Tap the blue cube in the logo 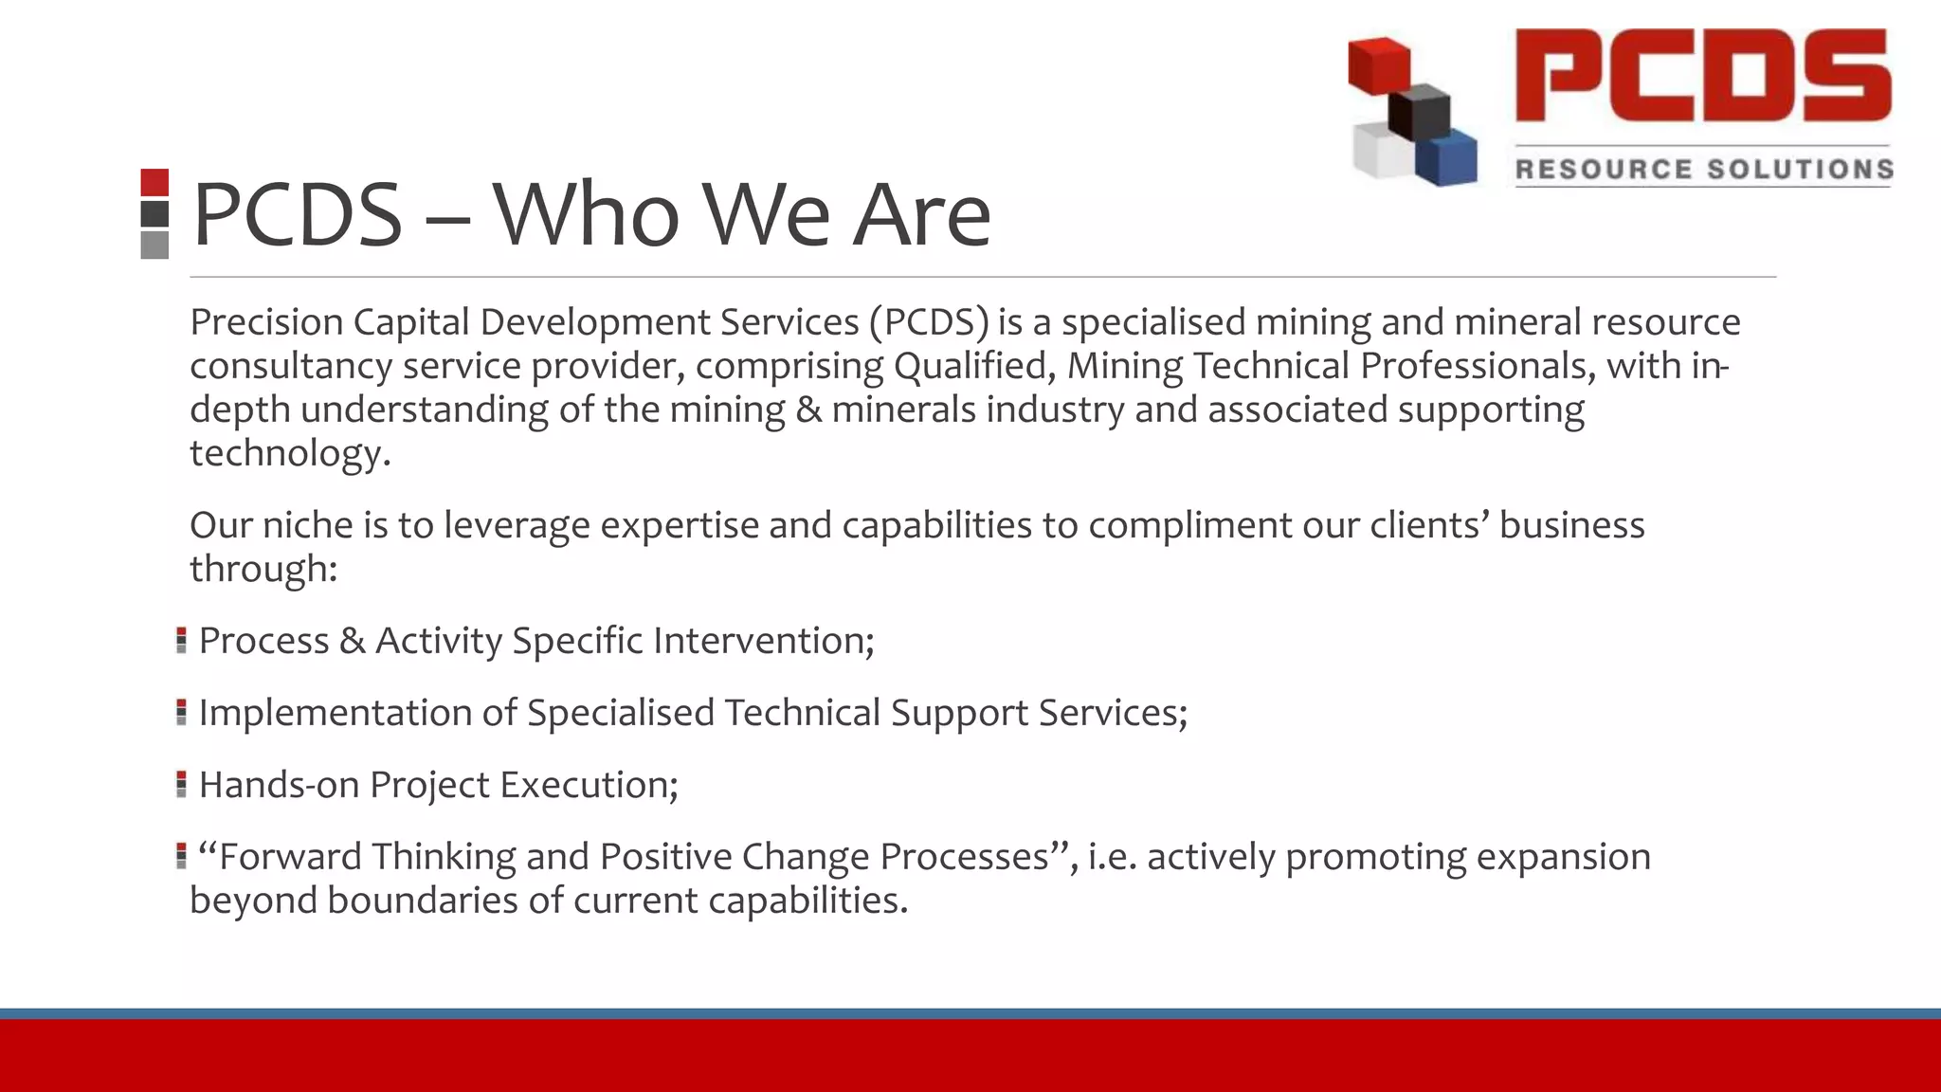tap(1448, 157)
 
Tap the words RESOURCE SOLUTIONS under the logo tap(1703, 170)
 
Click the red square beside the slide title tap(154, 182)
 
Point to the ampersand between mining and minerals tap(808, 409)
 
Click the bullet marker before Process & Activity tap(181, 641)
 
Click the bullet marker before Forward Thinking tap(181, 857)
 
